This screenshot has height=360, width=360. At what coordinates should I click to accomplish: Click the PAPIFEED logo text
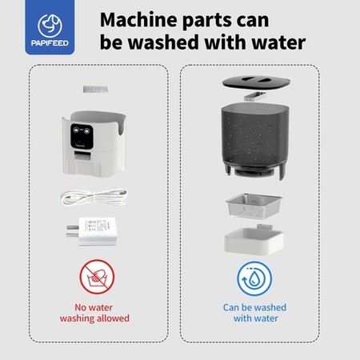(x=50, y=43)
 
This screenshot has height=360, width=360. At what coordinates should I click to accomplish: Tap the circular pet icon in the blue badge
(x=50, y=26)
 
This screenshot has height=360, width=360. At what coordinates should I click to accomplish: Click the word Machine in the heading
(x=138, y=20)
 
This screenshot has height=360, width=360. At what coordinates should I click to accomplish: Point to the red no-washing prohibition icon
(x=97, y=277)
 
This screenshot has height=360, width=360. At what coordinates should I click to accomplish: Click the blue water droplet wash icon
(x=254, y=278)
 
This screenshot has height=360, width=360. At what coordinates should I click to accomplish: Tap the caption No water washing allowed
(x=94, y=313)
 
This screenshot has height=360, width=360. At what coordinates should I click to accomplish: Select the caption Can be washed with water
(x=254, y=313)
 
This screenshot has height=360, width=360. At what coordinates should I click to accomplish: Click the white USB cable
(x=94, y=198)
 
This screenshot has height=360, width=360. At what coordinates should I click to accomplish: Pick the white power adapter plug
(x=92, y=231)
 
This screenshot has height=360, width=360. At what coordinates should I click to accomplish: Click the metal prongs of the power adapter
(x=73, y=231)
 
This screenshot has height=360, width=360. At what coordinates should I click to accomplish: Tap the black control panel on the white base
(x=82, y=136)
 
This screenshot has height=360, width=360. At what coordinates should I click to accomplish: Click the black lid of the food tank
(x=256, y=82)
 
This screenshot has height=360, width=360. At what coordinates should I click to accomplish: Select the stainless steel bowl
(x=254, y=206)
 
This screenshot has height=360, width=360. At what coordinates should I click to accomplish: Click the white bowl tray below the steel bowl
(x=254, y=241)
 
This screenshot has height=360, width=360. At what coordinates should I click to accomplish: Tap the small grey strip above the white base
(x=95, y=89)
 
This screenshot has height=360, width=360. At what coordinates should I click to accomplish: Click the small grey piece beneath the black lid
(x=255, y=96)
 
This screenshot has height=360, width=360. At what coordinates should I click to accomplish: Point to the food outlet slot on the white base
(x=82, y=155)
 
